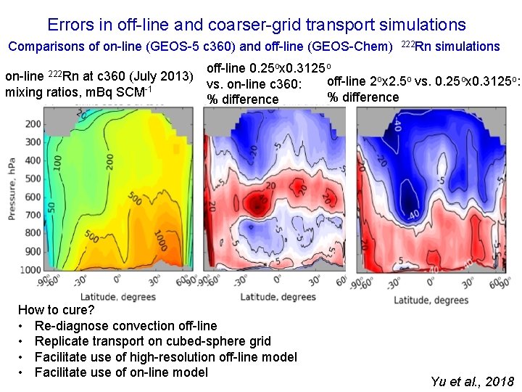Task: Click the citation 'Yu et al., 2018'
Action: (472, 382)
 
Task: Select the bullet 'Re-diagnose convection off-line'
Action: (125, 326)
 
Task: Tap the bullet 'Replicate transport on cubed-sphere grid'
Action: (152, 341)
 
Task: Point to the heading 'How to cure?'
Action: (54, 310)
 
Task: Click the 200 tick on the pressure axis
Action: (34, 124)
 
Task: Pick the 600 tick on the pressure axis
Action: (34, 197)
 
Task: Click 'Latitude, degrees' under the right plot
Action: (433, 300)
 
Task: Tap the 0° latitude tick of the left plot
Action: (115, 283)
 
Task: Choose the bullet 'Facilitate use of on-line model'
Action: (121, 372)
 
